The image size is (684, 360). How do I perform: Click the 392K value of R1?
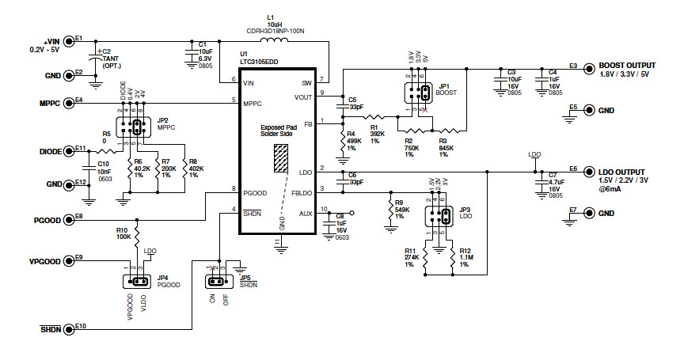click(x=377, y=134)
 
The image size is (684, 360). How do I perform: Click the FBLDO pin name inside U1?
click(x=302, y=192)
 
